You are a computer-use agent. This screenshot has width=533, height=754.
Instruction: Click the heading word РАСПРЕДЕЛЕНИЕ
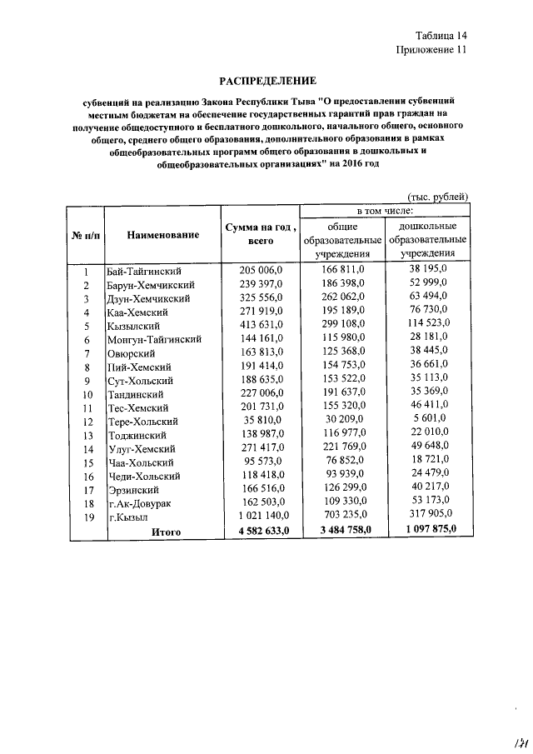click(x=266, y=81)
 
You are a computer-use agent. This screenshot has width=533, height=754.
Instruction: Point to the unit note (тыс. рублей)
click(x=437, y=197)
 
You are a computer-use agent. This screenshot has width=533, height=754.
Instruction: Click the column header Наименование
click(x=163, y=235)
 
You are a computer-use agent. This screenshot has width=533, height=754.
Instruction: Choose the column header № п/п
click(x=84, y=236)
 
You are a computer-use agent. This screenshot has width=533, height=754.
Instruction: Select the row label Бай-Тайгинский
click(x=145, y=272)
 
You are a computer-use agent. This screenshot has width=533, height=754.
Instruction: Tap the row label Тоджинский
click(x=137, y=435)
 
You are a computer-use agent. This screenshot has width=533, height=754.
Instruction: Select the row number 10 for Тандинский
click(x=85, y=394)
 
